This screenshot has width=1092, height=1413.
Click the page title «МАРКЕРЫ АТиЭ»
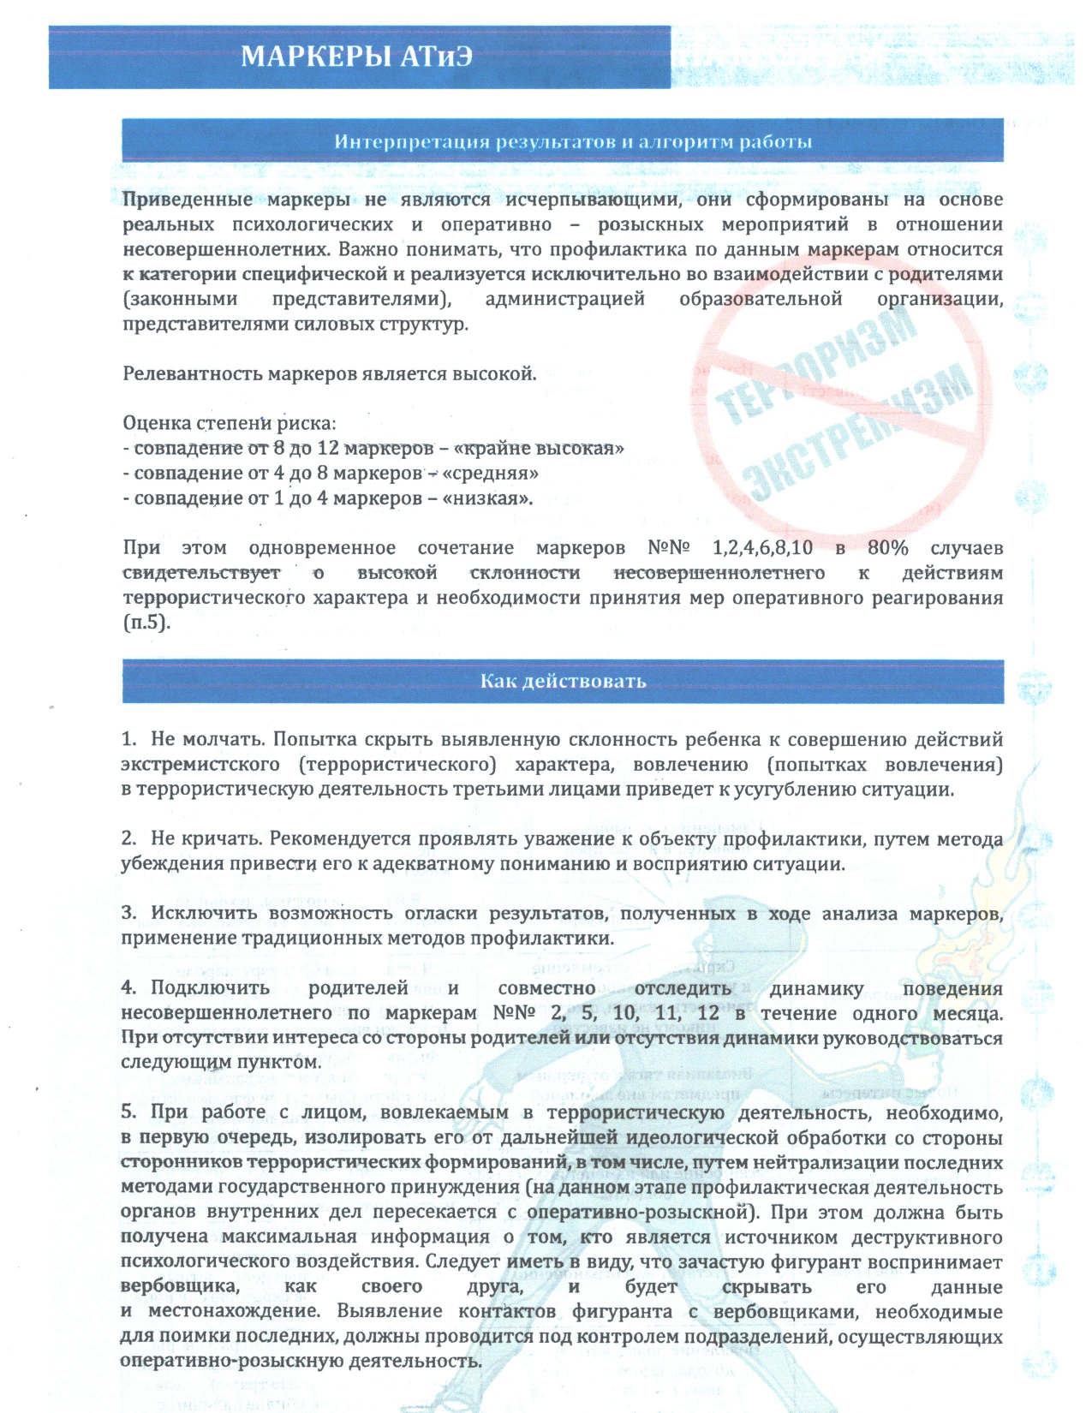(x=356, y=57)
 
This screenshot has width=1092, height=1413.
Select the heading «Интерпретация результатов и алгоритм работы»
(x=572, y=141)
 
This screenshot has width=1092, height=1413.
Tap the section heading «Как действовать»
(x=562, y=682)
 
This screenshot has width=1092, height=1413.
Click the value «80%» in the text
(x=887, y=548)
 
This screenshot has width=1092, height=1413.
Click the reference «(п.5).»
(x=146, y=623)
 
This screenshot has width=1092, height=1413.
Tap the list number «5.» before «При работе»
(x=129, y=1112)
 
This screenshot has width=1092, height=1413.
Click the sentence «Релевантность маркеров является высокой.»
(x=330, y=374)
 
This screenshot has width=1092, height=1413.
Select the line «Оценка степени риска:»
(x=230, y=423)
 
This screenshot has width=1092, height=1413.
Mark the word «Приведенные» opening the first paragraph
(x=188, y=200)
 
